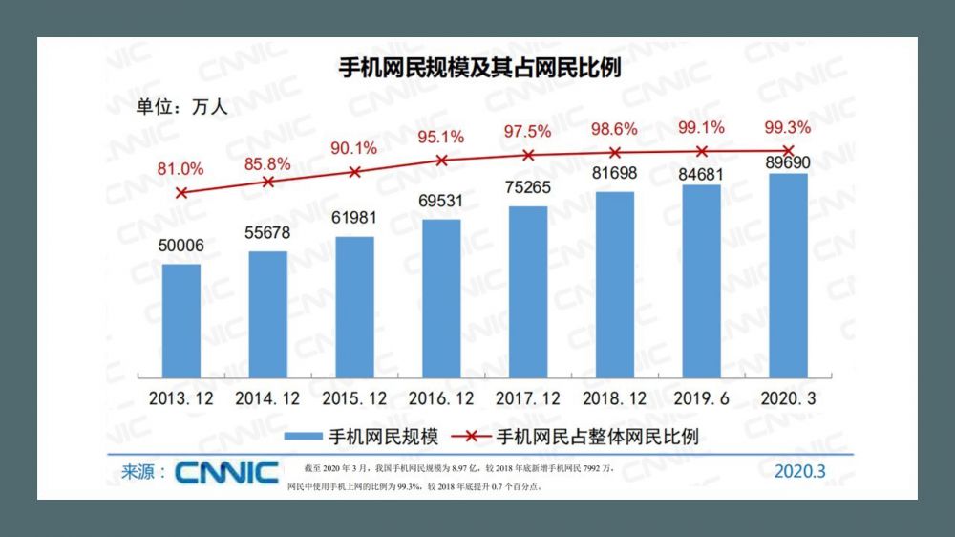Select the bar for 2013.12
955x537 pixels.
click(181, 320)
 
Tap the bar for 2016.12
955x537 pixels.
click(441, 298)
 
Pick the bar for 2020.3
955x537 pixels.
click(788, 275)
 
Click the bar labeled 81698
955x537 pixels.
click(615, 284)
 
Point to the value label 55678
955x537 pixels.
click(267, 233)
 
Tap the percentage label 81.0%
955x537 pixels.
click(180, 169)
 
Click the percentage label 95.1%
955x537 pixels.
click(440, 137)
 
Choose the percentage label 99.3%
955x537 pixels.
click(788, 127)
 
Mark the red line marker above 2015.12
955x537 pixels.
click(354, 172)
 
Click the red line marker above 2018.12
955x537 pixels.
click(615, 152)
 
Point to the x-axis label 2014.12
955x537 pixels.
click(267, 397)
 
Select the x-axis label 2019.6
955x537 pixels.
click(702, 397)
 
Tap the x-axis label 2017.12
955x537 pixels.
click(528, 397)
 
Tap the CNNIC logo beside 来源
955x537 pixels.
click(227, 472)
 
